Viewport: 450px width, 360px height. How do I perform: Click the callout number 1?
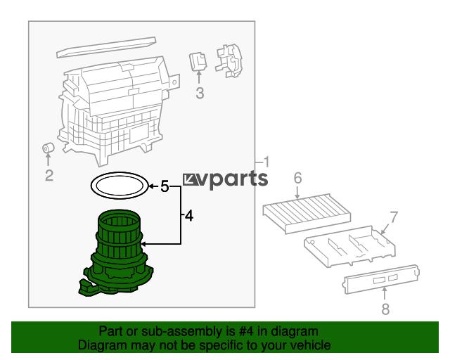tap(266, 162)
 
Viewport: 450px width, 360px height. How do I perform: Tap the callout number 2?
tap(49, 175)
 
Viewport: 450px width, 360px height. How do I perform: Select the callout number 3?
tap(200, 94)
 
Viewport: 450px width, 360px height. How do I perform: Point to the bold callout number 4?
tap(189, 216)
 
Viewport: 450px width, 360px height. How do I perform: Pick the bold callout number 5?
tap(165, 186)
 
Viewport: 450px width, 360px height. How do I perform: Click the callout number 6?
tap(297, 178)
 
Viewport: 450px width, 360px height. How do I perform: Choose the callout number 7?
tap(394, 217)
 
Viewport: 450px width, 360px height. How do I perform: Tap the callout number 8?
tap(385, 309)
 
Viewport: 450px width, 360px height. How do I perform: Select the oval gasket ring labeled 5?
tap(91, 186)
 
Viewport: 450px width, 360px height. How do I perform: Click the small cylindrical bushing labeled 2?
tap(49, 148)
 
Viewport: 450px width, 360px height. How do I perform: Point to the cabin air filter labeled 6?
tap(307, 213)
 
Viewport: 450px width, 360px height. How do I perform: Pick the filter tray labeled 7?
tap(349, 246)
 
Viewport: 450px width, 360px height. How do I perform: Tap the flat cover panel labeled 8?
tap(381, 279)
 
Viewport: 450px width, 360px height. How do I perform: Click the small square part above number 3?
tap(198, 61)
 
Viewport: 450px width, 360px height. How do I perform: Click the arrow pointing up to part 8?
tap(385, 294)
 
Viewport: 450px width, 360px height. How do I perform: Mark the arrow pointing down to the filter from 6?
tap(297, 192)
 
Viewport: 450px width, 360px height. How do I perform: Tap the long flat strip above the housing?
tap(106, 47)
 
